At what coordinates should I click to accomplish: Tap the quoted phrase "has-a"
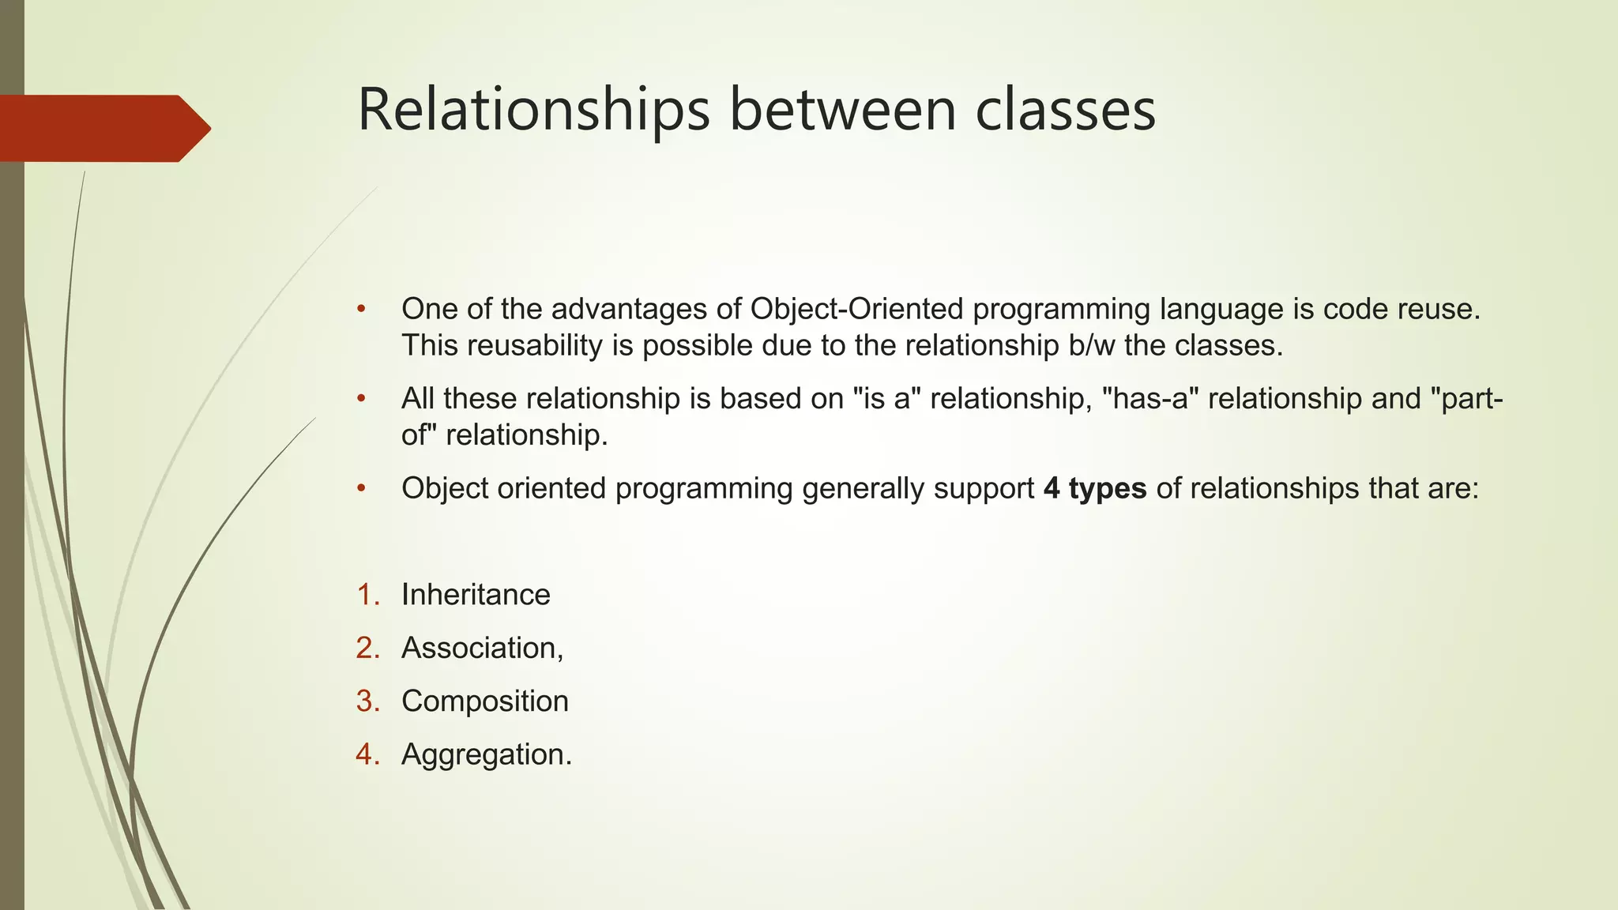point(1150,399)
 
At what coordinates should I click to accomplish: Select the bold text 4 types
point(1094,489)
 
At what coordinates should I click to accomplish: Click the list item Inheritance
point(476,595)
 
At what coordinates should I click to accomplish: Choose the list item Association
point(480,649)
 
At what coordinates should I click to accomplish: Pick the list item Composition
point(484,701)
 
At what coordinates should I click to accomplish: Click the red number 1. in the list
point(368,595)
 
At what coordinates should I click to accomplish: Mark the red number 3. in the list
point(368,701)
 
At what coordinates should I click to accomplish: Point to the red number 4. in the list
point(368,755)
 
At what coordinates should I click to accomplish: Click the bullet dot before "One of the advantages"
point(361,309)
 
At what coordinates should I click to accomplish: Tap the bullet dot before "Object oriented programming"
point(361,489)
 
